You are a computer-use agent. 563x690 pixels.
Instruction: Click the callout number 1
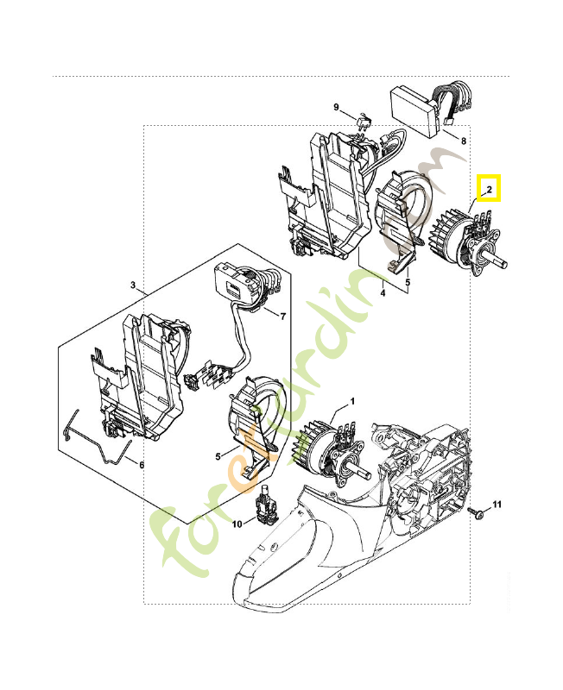[352, 402]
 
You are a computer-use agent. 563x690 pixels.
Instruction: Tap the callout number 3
[133, 284]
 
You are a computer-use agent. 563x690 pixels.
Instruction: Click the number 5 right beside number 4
[408, 280]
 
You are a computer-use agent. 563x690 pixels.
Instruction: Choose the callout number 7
[281, 316]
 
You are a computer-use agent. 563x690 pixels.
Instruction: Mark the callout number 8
[464, 141]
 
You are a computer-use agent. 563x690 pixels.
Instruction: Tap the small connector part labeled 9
[364, 122]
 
